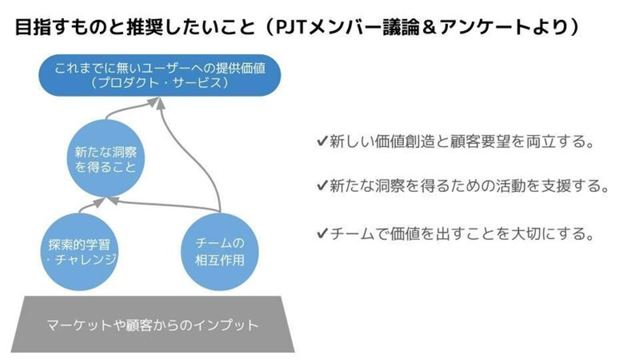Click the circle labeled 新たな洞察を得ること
click(x=106, y=159)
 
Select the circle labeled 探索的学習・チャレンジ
click(x=79, y=252)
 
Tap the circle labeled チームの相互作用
click(x=220, y=252)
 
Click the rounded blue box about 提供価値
click(x=160, y=75)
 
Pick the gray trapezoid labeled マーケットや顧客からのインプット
click(x=153, y=324)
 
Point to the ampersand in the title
click(x=428, y=28)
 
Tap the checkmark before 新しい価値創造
click(x=322, y=141)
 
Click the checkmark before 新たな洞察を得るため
click(x=322, y=185)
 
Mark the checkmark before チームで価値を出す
click(x=322, y=233)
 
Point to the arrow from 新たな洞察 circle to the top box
click(x=132, y=108)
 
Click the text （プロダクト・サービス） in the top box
click(x=160, y=83)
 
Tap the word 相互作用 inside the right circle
click(x=220, y=260)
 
